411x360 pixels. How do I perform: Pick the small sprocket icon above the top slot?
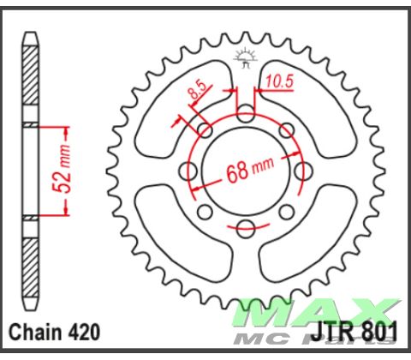(246, 60)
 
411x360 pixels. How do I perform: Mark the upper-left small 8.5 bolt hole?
(205, 130)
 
